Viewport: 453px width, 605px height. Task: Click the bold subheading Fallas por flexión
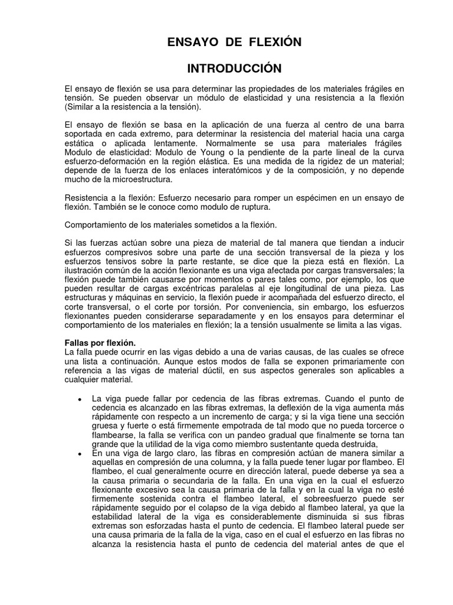click(x=100, y=343)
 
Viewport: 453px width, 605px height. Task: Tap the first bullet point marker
click(x=80, y=399)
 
